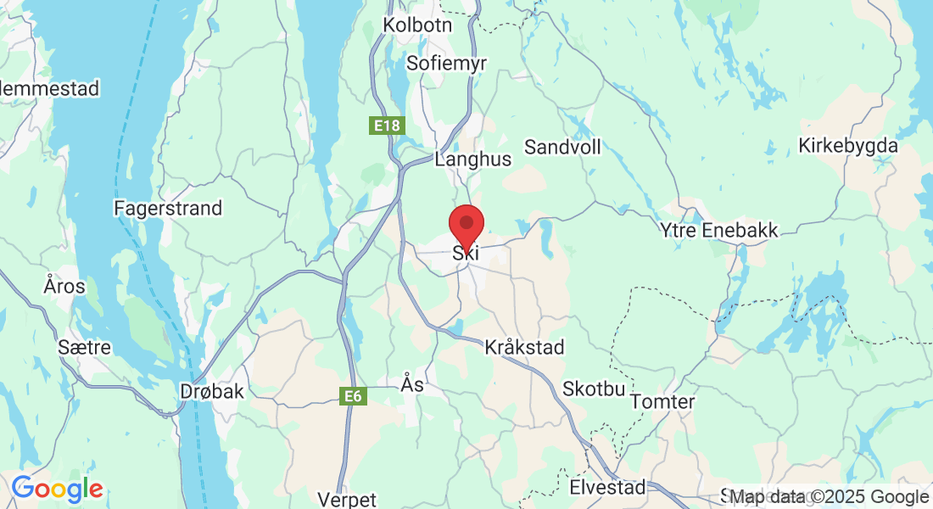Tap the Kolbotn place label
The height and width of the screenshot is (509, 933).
coord(417,25)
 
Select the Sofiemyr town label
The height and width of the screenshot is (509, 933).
coord(441,63)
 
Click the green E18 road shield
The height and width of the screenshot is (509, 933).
coord(387,126)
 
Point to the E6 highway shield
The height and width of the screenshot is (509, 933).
coord(354,395)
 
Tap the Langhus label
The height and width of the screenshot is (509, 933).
coord(472,159)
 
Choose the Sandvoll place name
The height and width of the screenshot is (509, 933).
coord(562,147)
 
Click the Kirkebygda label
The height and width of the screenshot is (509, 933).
coord(847,146)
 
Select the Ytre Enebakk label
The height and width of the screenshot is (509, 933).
coord(719,230)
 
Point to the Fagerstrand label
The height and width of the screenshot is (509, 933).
coord(168,208)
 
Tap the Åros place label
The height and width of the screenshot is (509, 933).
coord(64,286)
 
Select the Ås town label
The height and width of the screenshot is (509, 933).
coord(411,385)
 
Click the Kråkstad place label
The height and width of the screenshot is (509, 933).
coord(524,348)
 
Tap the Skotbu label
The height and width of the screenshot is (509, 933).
coord(594,389)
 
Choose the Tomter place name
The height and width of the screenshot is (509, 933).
coord(663,401)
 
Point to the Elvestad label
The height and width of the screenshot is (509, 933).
coord(607,488)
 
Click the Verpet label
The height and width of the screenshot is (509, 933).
coord(346,499)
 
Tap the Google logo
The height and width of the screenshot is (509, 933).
coord(57,489)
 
